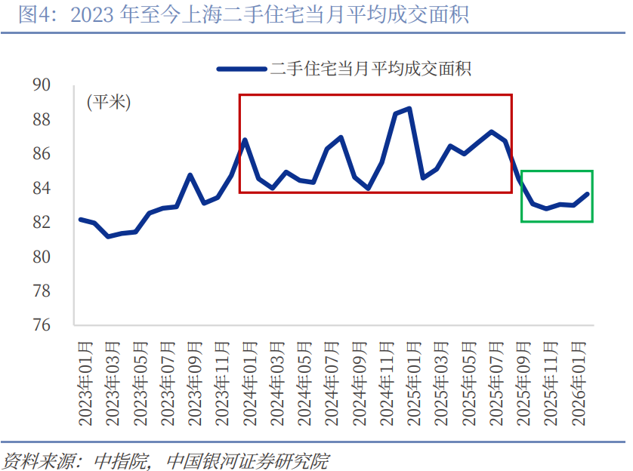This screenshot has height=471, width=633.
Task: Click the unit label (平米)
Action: [x=108, y=103]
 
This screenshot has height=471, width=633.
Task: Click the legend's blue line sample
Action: [x=242, y=69]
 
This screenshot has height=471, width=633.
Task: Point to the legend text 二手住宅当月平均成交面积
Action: [x=371, y=69]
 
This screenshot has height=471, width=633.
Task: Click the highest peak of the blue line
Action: [x=409, y=109]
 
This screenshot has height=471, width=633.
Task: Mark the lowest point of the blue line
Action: [x=109, y=236]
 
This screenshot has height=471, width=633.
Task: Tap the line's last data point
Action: [x=587, y=194]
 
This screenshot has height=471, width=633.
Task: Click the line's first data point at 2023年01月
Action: [x=81, y=220]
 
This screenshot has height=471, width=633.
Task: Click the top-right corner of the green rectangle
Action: [x=592, y=171]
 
